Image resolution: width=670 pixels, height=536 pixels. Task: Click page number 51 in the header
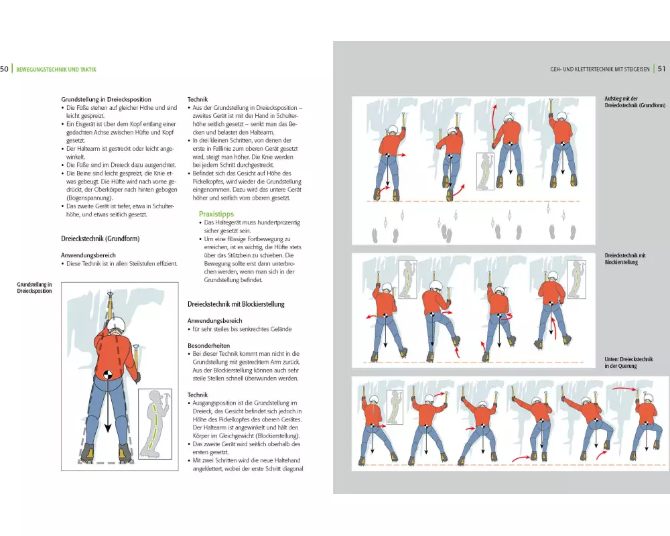point(661,69)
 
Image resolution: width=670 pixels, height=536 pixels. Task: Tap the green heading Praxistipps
point(216,214)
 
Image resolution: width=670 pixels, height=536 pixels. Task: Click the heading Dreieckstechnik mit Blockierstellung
point(236,304)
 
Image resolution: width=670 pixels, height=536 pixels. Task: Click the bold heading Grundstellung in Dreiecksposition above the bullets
point(106,99)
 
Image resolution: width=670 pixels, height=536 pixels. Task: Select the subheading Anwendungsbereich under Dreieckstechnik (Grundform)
point(88,255)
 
